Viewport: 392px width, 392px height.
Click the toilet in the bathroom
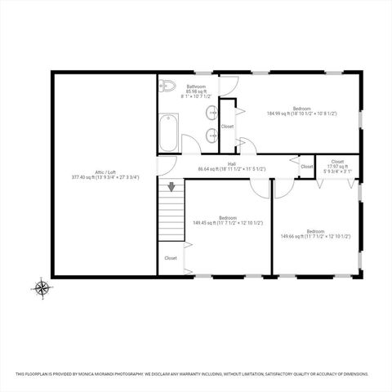pos(167,85)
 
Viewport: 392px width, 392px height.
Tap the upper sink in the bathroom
pos(212,113)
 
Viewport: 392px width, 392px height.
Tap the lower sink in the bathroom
pos(212,134)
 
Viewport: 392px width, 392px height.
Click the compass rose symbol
pos(41,287)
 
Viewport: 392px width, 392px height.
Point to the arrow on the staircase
pos(171,186)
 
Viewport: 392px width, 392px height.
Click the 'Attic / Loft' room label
pos(105,171)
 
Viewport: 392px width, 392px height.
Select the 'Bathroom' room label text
pos(196,86)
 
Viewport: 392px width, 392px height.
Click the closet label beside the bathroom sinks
pos(227,127)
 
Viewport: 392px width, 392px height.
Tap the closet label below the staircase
pos(170,258)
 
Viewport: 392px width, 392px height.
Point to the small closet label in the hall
pos(306,167)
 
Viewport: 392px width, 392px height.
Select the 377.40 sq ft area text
pos(105,176)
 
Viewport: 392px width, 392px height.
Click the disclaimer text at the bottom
pos(196,375)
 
